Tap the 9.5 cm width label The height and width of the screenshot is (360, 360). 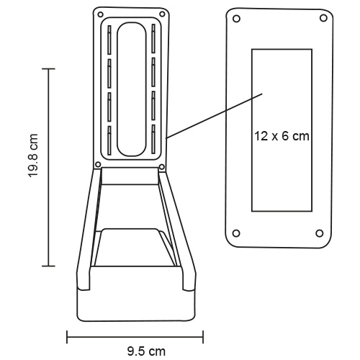coord(146,351)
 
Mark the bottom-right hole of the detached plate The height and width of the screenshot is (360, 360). coord(319,232)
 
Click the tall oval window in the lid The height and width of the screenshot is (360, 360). coord(131,89)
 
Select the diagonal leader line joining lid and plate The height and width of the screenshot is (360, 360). coord(212,114)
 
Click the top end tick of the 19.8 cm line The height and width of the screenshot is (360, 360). coord(48,68)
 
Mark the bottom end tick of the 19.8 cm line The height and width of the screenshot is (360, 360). coord(48,266)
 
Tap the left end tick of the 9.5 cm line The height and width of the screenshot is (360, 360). coord(67,336)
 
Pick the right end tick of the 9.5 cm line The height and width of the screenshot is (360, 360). coord(204,336)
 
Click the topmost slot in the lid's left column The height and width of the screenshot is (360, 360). coord(109,40)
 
